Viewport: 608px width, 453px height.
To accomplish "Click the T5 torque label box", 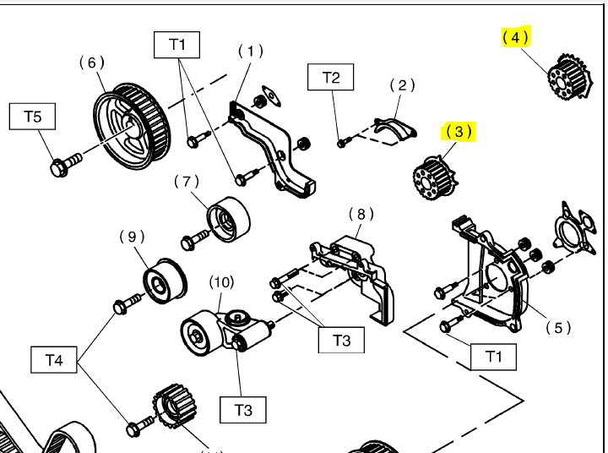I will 32,116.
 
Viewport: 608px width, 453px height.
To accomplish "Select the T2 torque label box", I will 331,79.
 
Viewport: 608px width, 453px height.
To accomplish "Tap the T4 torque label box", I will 54,360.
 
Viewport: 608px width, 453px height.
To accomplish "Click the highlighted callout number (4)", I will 515,37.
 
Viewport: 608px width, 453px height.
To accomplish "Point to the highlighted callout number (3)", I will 457,132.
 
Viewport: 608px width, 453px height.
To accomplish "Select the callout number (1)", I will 250,51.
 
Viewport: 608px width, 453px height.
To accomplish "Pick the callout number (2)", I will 403,85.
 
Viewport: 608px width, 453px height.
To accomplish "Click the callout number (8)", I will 361,213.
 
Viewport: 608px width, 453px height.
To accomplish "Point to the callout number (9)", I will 132,237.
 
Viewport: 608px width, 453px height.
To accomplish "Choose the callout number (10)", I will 222,281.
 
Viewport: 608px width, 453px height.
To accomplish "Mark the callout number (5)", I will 558,328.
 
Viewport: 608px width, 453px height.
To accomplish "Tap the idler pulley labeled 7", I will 228,218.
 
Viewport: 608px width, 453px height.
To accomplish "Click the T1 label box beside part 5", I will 494,356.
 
